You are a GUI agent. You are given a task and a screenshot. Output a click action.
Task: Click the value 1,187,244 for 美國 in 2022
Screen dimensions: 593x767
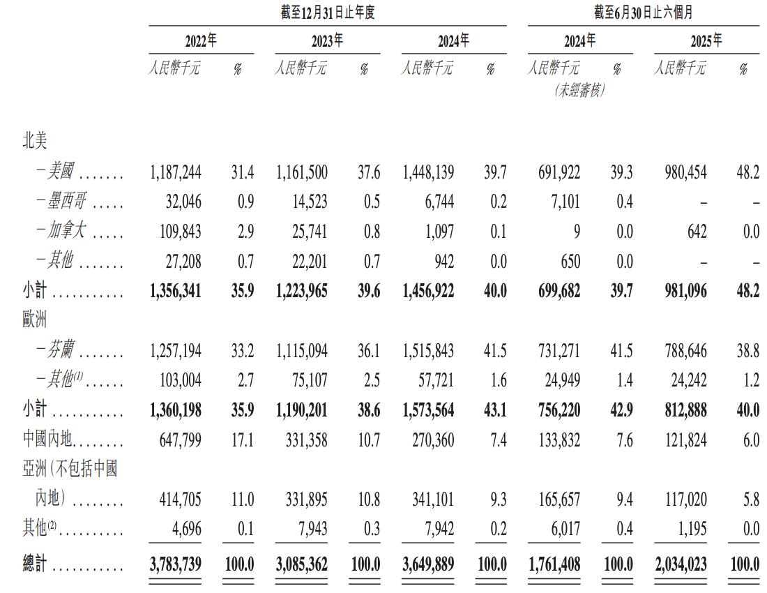coord(175,172)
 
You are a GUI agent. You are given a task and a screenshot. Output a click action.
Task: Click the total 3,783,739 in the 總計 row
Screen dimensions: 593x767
coord(175,563)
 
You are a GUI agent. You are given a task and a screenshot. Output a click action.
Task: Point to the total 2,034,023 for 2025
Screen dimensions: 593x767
coord(680,563)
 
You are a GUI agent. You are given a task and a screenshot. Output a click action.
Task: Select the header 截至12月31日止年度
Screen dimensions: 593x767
coord(327,13)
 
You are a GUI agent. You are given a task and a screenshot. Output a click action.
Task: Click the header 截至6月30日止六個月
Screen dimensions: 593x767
coord(643,13)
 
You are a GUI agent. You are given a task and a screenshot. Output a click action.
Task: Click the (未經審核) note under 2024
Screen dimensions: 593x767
coord(579,90)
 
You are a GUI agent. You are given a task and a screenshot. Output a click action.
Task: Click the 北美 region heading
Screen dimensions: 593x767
coord(34,142)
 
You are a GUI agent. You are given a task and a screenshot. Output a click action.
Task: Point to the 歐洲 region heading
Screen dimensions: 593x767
coord(34,320)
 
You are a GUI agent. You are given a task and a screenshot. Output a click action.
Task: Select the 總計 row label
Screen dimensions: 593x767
coord(34,563)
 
